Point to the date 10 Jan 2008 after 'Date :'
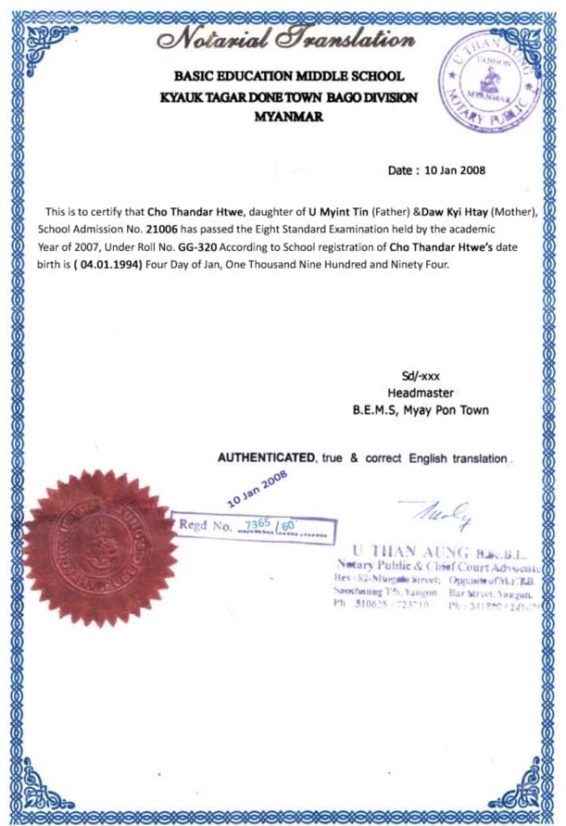pyautogui.click(x=454, y=171)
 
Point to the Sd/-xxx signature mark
pyautogui.click(x=420, y=375)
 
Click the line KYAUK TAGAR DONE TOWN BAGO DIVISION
pyautogui.click(x=289, y=97)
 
